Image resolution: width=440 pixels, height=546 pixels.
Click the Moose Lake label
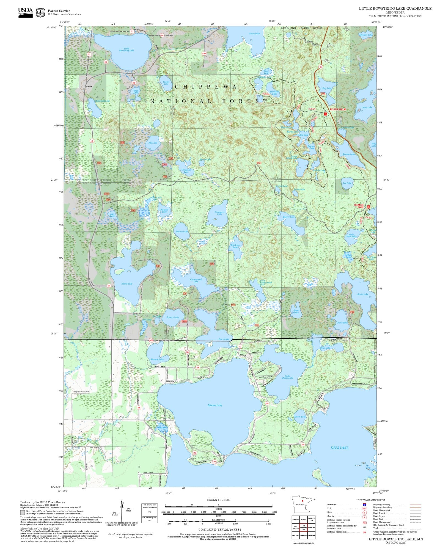(x=215, y=405)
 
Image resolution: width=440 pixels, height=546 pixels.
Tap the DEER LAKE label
(x=339, y=448)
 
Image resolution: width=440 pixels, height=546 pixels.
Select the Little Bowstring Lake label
(x=127, y=49)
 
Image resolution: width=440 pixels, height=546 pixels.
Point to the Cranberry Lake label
(x=219, y=213)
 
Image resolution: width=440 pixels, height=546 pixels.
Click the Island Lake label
(x=127, y=284)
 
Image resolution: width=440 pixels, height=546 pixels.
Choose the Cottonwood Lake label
(x=196, y=280)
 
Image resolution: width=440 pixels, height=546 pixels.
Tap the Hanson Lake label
(x=157, y=359)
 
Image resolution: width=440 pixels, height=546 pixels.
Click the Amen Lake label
(x=362, y=294)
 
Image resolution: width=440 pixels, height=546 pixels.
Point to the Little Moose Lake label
(x=287, y=377)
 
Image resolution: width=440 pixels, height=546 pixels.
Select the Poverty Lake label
(x=172, y=317)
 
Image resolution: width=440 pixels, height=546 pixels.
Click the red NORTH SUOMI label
(x=338, y=109)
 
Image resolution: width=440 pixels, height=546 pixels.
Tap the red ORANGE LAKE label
(x=359, y=206)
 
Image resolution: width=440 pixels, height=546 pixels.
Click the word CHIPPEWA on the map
(x=206, y=87)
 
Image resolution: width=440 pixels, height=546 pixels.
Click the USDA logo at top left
(x=25, y=12)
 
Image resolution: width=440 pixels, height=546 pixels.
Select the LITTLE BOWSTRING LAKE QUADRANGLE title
(x=395, y=9)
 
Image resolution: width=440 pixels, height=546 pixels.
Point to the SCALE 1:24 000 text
(x=219, y=500)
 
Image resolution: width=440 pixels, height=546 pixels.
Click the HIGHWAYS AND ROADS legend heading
(x=370, y=500)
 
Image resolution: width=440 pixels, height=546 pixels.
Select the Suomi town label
(x=89, y=87)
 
